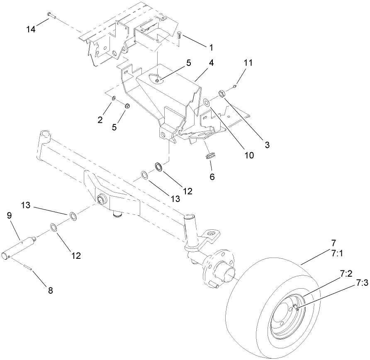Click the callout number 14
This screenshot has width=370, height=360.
(x=31, y=30)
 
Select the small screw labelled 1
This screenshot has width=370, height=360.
(x=179, y=35)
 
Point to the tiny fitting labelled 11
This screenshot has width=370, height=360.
(x=235, y=86)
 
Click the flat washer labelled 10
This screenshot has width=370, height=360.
(x=207, y=101)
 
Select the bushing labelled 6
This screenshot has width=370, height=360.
(x=211, y=156)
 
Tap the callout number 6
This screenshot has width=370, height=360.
(x=212, y=176)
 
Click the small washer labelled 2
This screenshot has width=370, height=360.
(x=113, y=98)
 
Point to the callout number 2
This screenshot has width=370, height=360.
(x=100, y=120)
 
